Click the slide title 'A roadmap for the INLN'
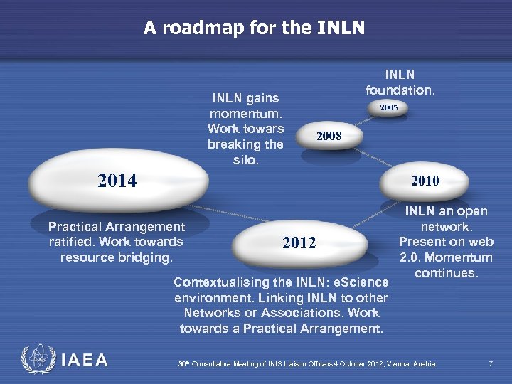point(254,28)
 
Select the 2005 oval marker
point(388,108)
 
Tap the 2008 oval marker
point(329,136)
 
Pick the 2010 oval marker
point(425,181)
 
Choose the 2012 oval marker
point(299,244)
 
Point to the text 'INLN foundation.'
point(400,82)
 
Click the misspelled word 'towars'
point(264,129)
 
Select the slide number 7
point(491,364)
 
